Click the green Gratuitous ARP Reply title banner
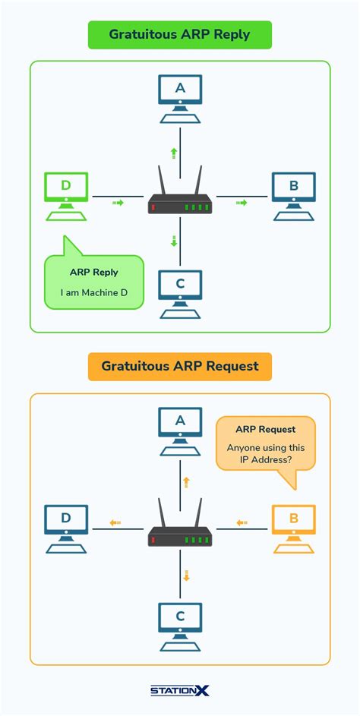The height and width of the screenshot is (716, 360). (x=179, y=35)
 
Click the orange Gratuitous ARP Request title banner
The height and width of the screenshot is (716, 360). (x=179, y=366)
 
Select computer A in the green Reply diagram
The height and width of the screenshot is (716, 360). (x=180, y=97)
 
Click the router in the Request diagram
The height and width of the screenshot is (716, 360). (x=180, y=535)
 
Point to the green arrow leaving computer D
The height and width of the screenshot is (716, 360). (x=117, y=203)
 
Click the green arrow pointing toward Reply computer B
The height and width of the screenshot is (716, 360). (x=242, y=203)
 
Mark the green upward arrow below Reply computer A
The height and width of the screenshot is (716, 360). (x=174, y=153)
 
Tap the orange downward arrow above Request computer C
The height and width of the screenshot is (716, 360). (x=185, y=575)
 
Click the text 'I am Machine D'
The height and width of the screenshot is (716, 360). (x=94, y=292)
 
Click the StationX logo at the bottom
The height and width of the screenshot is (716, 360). (x=179, y=690)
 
